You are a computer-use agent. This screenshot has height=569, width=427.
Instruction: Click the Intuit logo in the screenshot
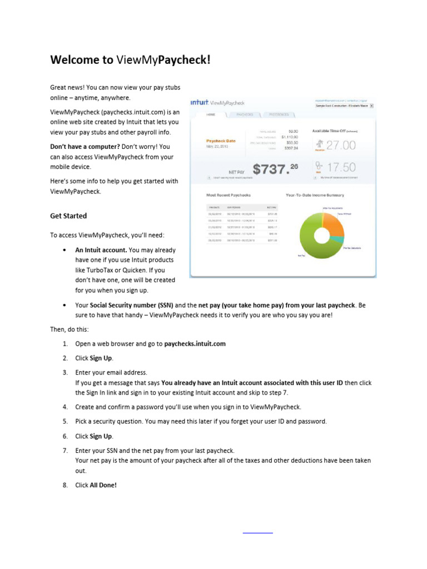pos(199,102)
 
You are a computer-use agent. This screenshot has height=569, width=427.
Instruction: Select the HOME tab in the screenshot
pos(211,114)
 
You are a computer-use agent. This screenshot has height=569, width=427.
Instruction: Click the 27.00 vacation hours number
pos(341,146)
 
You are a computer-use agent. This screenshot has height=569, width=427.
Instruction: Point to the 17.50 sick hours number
pos(341,167)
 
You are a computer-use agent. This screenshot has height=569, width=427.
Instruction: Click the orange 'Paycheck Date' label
pos(221,141)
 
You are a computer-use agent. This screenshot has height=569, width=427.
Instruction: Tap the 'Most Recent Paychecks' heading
pos(229,195)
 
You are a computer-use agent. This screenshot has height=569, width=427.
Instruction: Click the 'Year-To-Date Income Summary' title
pos(315,195)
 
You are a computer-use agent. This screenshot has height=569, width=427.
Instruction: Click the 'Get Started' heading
pos(68,216)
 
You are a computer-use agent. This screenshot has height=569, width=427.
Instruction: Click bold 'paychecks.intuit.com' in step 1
pos(195,343)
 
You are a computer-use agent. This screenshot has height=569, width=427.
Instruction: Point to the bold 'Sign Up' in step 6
pos(101,436)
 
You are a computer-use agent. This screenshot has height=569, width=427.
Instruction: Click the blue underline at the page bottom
pos(258,533)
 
